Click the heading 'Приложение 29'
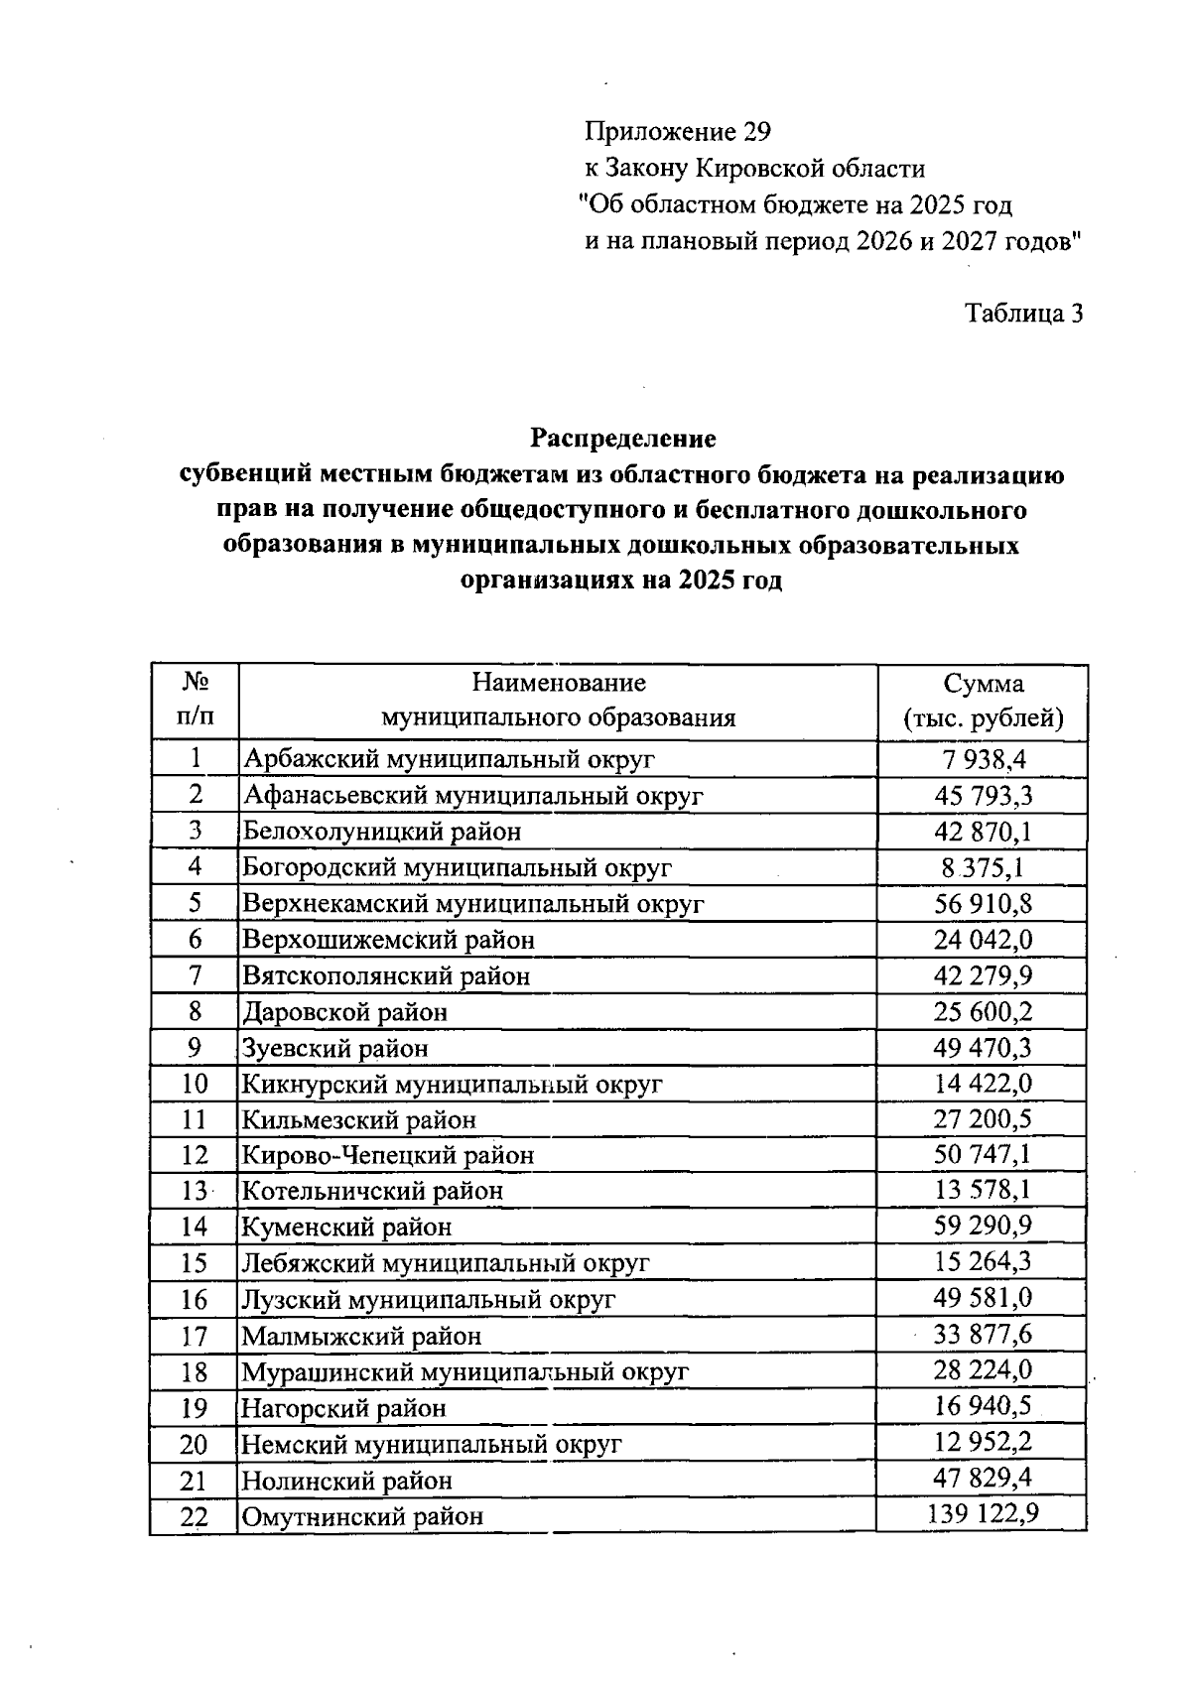tap(677, 132)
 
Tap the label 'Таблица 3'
tap(1023, 314)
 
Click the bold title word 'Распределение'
tap(622, 438)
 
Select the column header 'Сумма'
tap(983, 684)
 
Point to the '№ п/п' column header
tap(195, 699)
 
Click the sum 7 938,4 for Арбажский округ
tap(983, 759)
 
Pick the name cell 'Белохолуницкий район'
tap(382, 832)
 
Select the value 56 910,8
tap(983, 903)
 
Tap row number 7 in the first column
tap(195, 975)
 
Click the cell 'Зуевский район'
tap(335, 1048)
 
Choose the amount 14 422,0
tap(983, 1083)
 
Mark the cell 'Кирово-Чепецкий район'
tap(388, 1156)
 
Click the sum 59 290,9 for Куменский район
tap(983, 1226)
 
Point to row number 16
tap(195, 1300)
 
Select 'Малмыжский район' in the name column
tap(362, 1337)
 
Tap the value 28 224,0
tap(983, 1370)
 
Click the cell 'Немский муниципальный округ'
tap(432, 1445)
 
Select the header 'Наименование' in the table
tap(558, 683)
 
